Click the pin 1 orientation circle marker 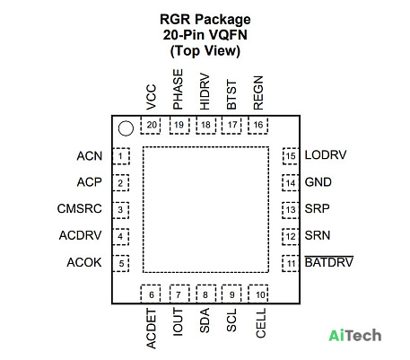click(126, 128)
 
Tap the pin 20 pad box click(151, 125)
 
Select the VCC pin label click(152, 97)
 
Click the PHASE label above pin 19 click(178, 90)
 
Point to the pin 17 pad click(231, 125)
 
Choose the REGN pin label click(258, 92)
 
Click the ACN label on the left click(90, 156)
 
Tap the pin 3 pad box click(121, 210)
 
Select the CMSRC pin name click(79, 208)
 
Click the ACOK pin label click(84, 262)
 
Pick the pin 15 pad click(291, 156)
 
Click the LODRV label click(326, 155)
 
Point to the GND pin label click(318, 182)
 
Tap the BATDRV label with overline click(329, 262)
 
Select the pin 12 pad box click(291, 237)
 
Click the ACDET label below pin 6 click(152, 329)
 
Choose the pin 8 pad click(206, 294)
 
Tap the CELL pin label click(261, 323)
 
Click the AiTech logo click(355, 336)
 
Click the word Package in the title click(222, 20)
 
